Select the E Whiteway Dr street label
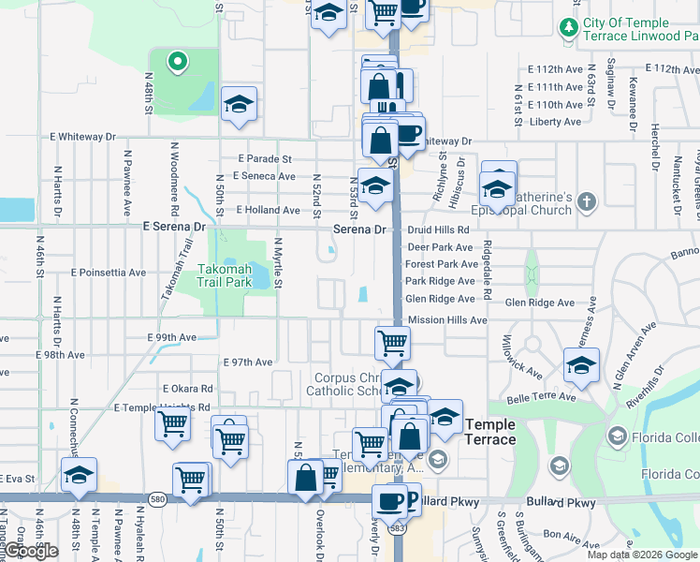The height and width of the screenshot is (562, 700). (84, 137)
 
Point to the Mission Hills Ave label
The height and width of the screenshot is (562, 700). (447, 319)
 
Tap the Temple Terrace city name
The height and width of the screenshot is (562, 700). (489, 432)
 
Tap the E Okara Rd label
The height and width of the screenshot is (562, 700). (187, 389)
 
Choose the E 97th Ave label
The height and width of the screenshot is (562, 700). (247, 362)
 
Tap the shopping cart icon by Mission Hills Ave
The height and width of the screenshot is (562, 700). (392, 342)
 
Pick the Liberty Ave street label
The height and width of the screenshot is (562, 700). (555, 122)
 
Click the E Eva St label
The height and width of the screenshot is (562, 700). (17, 479)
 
